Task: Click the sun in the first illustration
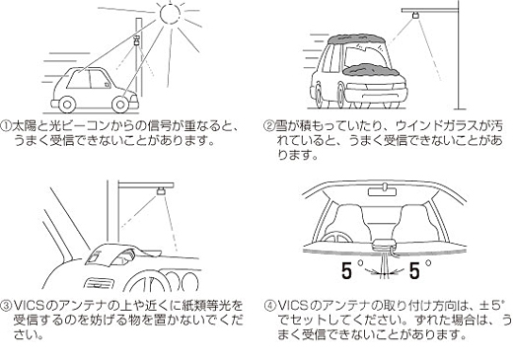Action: pos(171,13)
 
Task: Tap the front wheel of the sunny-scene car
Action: pos(120,105)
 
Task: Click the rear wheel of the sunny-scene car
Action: pos(67,105)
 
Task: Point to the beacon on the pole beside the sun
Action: pos(137,40)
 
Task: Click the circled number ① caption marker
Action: pos(6,126)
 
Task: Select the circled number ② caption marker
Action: pos(269,126)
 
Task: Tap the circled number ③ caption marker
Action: pos(6,307)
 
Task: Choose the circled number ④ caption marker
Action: pos(270,306)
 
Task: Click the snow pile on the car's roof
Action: pos(356,39)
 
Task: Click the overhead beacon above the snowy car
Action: pos(416,15)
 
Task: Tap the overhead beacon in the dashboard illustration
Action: pos(161,190)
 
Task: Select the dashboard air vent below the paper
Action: pos(99,284)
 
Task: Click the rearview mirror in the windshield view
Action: pos(382,191)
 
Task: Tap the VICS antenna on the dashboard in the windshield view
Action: pos(384,245)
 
